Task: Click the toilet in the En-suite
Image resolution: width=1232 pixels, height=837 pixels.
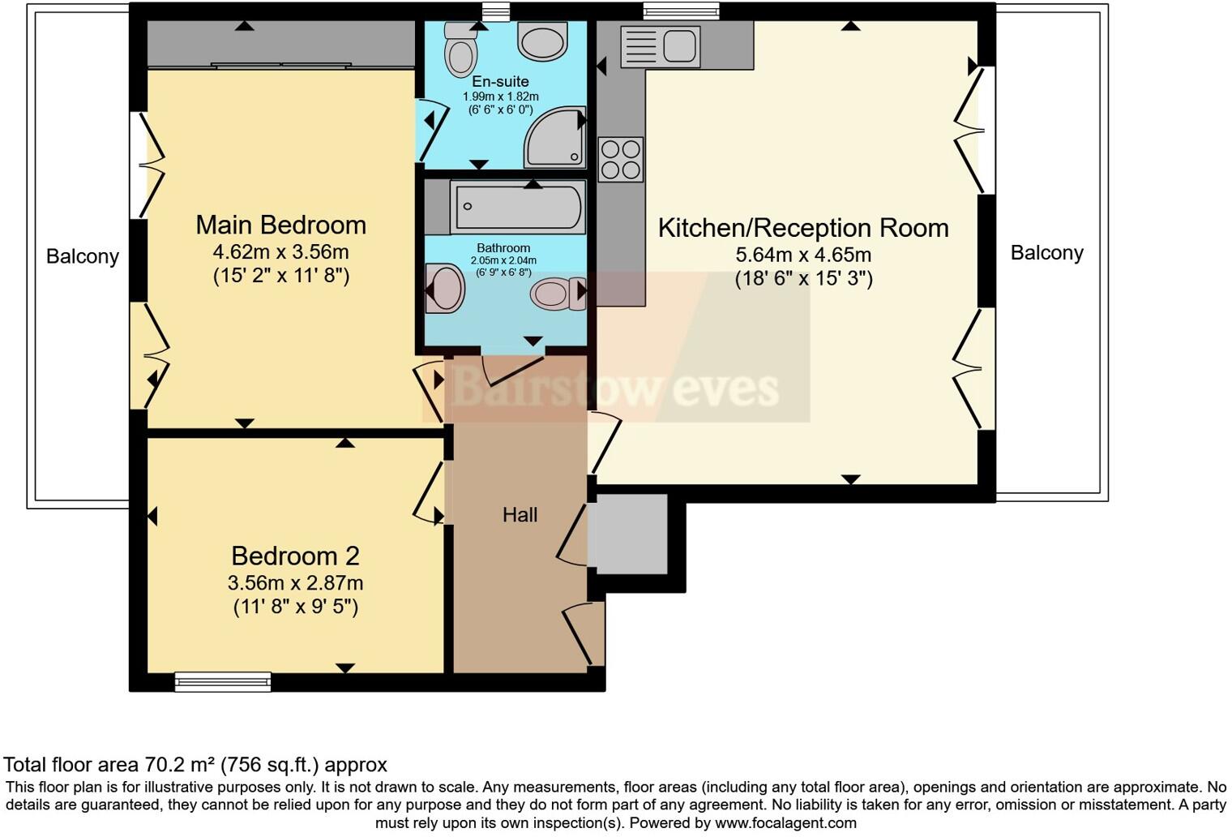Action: point(461,50)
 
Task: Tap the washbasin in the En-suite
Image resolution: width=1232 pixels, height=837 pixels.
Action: point(542,41)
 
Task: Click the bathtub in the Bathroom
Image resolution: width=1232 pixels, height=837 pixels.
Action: point(518,208)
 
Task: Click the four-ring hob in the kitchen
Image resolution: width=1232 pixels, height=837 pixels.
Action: point(621,160)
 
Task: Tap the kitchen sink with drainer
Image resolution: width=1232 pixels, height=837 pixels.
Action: point(659,45)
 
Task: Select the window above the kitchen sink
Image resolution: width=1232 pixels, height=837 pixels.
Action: point(681,11)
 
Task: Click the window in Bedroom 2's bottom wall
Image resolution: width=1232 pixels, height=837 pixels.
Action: point(223,682)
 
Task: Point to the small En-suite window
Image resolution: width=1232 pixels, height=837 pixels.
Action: point(494,11)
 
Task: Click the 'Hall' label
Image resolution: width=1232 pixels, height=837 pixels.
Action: point(520,515)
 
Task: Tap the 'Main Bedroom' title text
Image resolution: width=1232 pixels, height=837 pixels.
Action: point(281,225)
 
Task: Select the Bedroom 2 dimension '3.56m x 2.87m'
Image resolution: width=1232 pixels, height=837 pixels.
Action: point(295,583)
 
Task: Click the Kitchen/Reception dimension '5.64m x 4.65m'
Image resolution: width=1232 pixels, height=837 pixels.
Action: point(803,255)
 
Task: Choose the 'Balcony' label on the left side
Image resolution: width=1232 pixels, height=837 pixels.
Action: point(83,256)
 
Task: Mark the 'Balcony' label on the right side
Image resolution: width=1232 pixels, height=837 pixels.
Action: point(1046,253)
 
